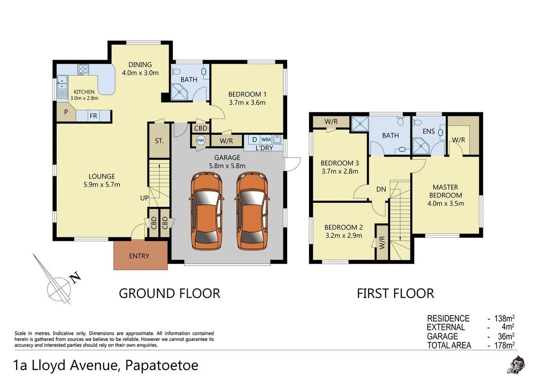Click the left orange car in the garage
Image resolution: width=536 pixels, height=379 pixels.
[207, 211]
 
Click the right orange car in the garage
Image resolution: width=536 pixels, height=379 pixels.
[253, 211]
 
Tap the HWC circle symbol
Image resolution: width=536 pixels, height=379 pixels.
[201, 140]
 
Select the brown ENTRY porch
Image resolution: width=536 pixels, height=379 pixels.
[140, 255]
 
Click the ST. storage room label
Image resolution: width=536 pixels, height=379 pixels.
[159, 140]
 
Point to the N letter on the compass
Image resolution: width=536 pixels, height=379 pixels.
[76, 277]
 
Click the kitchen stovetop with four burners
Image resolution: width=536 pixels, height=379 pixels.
[83, 69]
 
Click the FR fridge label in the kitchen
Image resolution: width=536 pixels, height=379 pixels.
[93, 116]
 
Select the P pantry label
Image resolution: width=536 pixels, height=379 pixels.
[65, 112]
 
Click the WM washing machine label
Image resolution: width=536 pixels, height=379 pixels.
[266, 139]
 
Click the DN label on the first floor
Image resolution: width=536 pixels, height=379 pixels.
[381, 189]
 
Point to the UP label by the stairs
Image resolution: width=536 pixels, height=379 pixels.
[144, 198]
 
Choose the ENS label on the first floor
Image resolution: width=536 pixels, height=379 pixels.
[429, 131]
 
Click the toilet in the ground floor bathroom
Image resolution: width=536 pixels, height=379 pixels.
[176, 72]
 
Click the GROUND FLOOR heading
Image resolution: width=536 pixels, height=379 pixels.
[170, 294]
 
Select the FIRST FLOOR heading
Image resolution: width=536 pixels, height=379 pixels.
[396, 294]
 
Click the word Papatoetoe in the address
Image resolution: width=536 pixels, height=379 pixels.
[162, 365]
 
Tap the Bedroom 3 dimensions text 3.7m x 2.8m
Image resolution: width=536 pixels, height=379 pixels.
[340, 171]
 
